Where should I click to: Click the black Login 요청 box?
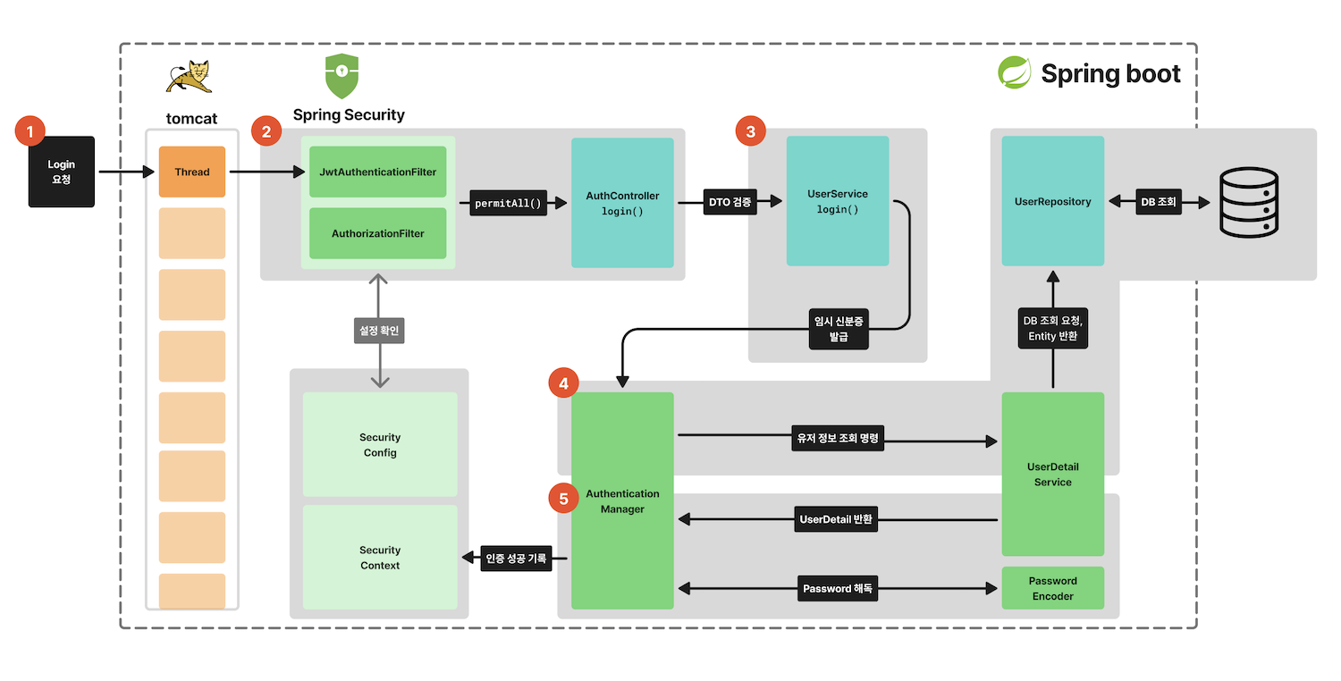(x=61, y=172)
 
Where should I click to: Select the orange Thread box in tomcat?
(x=192, y=172)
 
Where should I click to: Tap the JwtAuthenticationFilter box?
(x=377, y=172)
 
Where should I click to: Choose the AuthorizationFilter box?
(x=377, y=233)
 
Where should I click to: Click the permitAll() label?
(x=508, y=203)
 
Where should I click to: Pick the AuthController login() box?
(x=622, y=203)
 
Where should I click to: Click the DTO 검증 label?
(x=730, y=203)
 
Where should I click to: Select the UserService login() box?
(x=837, y=201)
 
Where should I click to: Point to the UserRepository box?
(x=1052, y=201)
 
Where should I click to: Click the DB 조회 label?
(x=1158, y=202)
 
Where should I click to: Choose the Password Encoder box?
(x=1052, y=588)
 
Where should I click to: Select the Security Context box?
(x=380, y=558)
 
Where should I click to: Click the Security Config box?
(x=380, y=444)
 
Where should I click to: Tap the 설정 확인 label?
(x=380, y=331)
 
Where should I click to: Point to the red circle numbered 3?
(x=750, y=131)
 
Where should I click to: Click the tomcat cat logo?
(x=190, y=76)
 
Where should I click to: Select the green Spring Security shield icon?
(x=342, y=77)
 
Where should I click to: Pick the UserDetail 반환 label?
(x=836, y=519)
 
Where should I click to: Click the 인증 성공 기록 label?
(x=516, y=559)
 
